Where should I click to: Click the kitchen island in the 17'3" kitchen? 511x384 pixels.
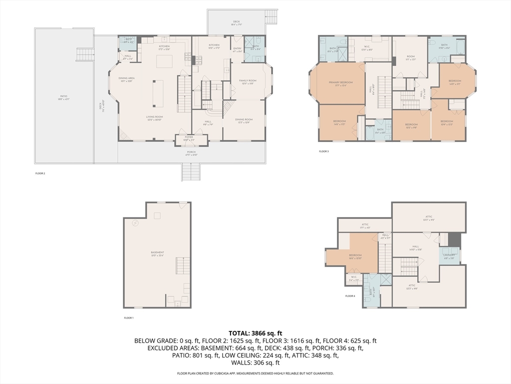(165, 61)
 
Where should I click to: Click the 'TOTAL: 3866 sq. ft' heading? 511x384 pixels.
(255, 333)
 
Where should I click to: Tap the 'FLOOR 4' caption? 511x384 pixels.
(350, 296)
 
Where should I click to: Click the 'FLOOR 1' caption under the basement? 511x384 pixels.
(129, 318)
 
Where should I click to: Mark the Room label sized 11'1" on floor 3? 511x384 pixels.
(410, 57)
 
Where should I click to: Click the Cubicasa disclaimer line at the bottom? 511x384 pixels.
(255, 373)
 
